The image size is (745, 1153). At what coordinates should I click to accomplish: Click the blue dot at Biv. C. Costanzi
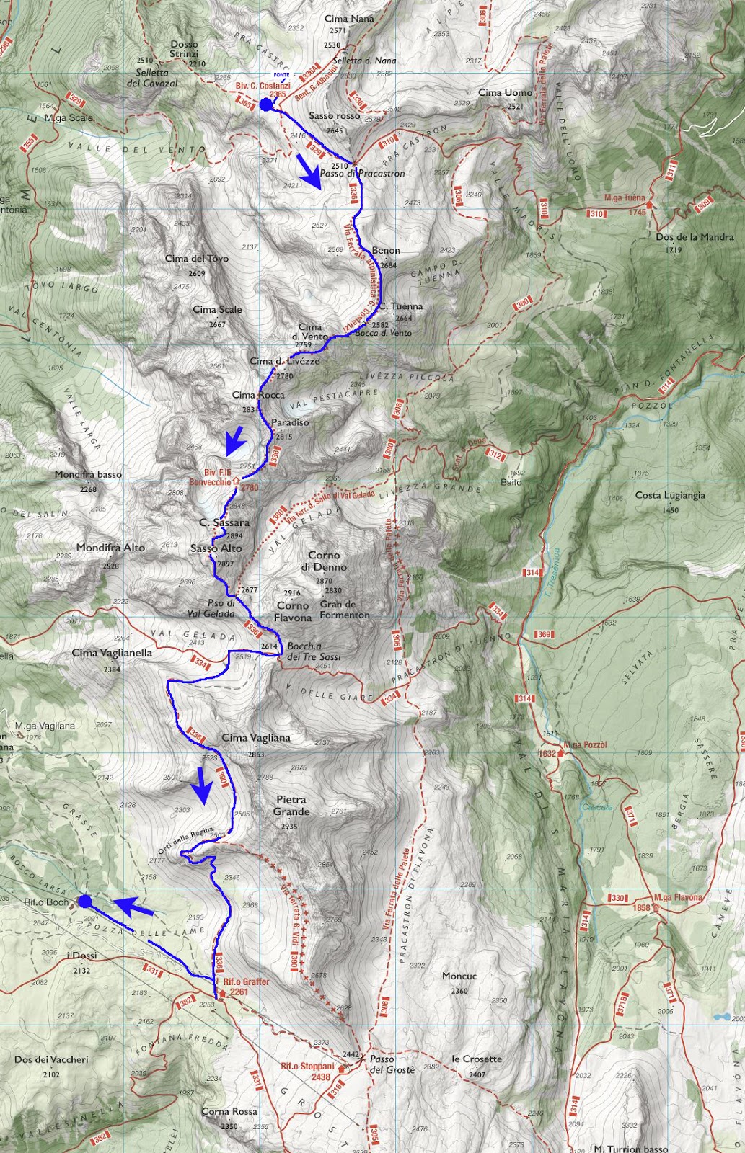pos(265,105)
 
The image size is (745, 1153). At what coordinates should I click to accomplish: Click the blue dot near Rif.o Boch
pos(84,901)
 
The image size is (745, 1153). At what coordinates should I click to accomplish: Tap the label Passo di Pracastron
pos(362,174)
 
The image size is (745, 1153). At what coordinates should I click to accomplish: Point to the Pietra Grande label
pos(291,806)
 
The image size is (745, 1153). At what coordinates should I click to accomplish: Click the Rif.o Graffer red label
pos(246,981)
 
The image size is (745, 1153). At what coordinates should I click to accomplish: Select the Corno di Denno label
pos(324,561)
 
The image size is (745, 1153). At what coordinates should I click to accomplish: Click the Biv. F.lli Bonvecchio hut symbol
pos(236,480)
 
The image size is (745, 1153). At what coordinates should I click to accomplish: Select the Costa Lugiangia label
pos(670,495)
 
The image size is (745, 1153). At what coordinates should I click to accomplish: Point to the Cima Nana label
pos(349,19)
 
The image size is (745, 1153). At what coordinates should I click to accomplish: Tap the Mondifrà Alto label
pos(110,548)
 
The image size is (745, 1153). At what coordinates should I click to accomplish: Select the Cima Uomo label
pos(505,92)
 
